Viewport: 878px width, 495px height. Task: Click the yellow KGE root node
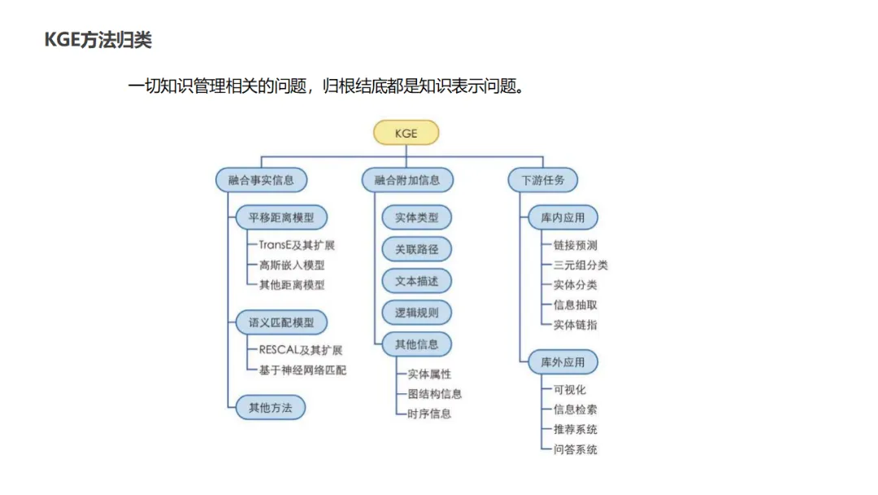coord(406,133)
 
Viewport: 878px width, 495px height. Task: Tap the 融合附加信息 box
coord(406,180)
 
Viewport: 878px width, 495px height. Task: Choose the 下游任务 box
coord(543,180)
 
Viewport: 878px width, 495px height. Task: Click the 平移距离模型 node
coord(281,218)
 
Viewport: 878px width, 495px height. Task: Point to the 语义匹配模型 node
coord(281,322)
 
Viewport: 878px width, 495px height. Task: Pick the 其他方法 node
coord(270,407)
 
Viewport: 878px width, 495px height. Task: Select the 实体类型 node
coord(416,218)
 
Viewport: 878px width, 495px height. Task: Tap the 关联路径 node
coord(416,249)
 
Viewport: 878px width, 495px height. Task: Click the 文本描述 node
coord(416,281)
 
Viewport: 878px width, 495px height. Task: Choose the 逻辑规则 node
coord(416,313)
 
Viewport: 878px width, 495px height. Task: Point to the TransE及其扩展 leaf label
coord(297,245)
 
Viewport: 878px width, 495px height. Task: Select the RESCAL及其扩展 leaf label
coord(300,350)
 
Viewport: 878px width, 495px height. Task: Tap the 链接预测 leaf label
coord(576,245)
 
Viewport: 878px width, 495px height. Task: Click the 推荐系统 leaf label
coord(576,429)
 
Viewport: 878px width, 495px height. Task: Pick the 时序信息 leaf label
coord(429,414)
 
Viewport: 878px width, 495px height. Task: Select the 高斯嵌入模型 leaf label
coord(292,265)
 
